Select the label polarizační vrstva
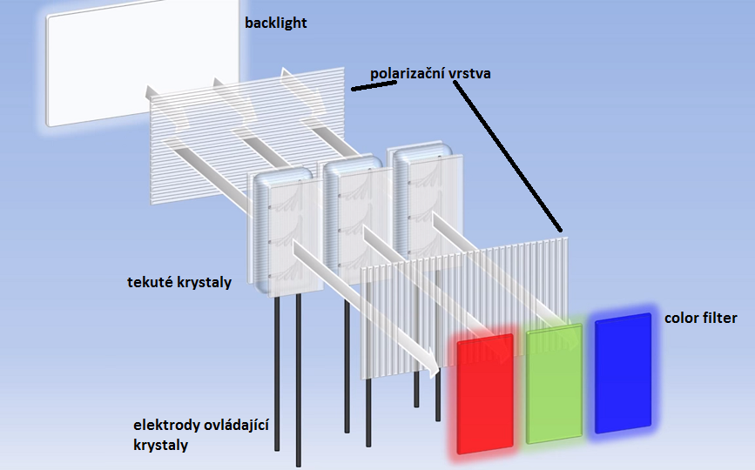pos(430,73)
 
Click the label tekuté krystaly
pos(179,282)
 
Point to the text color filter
pos(700,319)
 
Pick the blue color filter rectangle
pos(624,372)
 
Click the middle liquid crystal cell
pos(352,214)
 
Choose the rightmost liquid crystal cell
pos(423,200)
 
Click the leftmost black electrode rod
pos(277,374)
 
